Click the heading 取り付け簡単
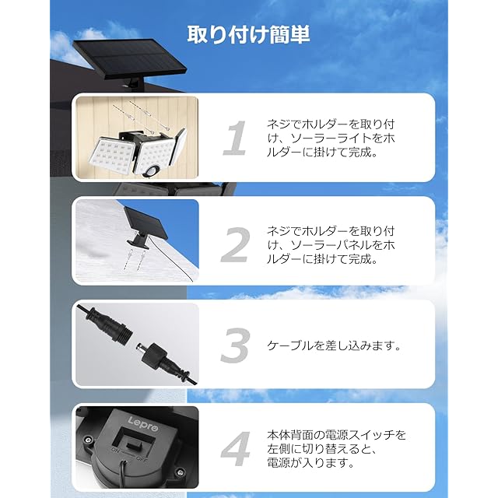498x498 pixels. (248, 34)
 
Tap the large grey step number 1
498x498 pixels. (235, 138)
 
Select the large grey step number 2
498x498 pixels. (235, 244)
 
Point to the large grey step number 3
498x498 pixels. (235, 345)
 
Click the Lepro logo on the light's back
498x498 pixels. (143, 424)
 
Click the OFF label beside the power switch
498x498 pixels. (141, 458)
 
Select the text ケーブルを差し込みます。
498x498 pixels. (334, 345)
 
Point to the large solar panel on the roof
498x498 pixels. (129, 58)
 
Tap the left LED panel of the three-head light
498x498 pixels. (114, 155)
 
